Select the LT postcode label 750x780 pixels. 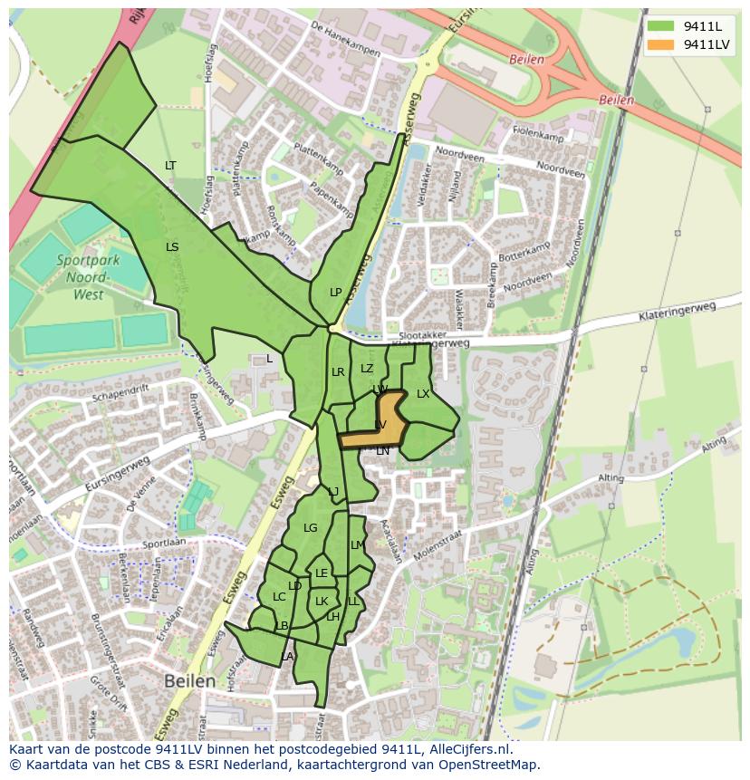pyautogui.click(x=170, y=165)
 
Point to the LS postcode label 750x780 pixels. pyautogui.click(x=172, y=246)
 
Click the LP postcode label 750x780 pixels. pyautogui.click(x=335, y=292)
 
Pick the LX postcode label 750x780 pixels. pyautogui.click(x=423, y=393)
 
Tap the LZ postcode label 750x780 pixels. pyautogui.click(x=367, y=368)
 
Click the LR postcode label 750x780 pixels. pyautogui.click(x=338, y=371)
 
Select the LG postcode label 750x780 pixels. pyautogui.click(x=311, y=527)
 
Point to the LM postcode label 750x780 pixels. pyautogui.click(x=357, y=544)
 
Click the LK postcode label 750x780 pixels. pyautogui.click(x=322, y=601)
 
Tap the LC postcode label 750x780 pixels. pyautogui.click(x=279, y=596)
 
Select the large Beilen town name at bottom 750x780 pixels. pyautogui.click(x=189, y=679)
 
